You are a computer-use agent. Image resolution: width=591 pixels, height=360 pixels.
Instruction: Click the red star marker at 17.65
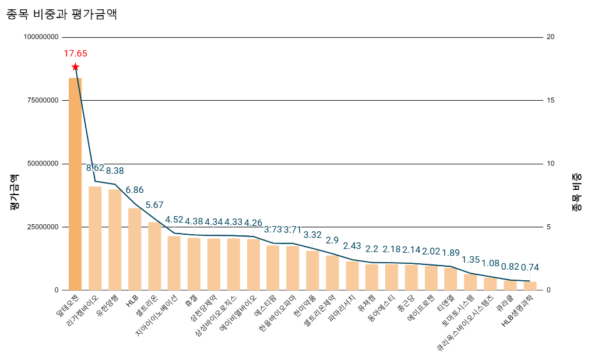[x=75, y=67]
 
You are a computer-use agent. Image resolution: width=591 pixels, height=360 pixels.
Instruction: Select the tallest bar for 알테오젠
[x=75, y=183]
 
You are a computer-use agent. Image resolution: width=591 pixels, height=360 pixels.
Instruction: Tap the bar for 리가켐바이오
[x=95, y=238]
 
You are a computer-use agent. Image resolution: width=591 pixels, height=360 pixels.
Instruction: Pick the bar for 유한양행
[x=115, y=239]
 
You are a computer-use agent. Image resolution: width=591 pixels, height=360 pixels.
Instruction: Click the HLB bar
[x=135, y=249]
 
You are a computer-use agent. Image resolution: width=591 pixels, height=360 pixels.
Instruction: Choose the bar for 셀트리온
[x=154, y=256]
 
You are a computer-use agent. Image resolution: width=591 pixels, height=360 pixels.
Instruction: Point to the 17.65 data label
[x=75, y=54]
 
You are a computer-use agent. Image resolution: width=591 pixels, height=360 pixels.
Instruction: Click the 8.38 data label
[x=115, y=171]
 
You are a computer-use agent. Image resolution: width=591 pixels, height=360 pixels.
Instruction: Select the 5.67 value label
[x=154, y=205]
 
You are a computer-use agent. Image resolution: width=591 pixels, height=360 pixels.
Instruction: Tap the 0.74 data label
[x=530, y=267]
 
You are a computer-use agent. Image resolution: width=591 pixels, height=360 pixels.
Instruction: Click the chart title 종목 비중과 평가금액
[x=62, y=15]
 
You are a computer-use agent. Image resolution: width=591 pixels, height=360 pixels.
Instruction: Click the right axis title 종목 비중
[x=576, y=192]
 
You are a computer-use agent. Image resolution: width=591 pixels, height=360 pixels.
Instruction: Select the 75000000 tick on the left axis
[x=42, y=100]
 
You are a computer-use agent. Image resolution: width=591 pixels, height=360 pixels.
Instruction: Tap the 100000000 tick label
[x=41, y=37]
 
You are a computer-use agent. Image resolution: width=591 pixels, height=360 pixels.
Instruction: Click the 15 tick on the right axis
[x=550, y=100]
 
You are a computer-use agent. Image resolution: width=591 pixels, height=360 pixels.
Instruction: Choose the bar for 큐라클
[x=510, y=285]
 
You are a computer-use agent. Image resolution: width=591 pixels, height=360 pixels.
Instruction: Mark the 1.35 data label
[x=470, y=260]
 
